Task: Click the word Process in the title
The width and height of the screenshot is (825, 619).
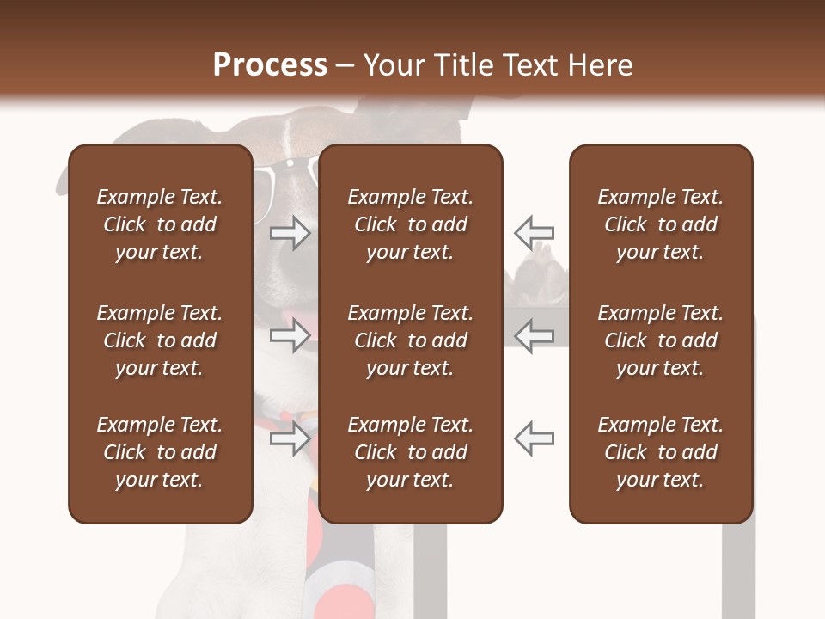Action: coord(270,65)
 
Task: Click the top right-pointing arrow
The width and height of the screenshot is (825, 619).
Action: coord(290,232)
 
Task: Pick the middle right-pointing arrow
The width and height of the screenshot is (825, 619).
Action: coord(290,335)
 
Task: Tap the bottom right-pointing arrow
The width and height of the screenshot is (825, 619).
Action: coord(290,438)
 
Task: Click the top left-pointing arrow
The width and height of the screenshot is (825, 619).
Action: coord(535,232)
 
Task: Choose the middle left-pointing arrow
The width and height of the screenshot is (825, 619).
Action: coord(535,335)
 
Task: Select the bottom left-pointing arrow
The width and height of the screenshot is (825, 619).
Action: coord(535,438)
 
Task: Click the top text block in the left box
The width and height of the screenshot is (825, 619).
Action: coord(160,224)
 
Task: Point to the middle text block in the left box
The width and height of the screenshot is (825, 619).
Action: coord(160,340)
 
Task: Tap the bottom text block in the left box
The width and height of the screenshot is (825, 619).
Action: coord(160,452)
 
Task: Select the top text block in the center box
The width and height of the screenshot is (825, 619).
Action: coord(411,224)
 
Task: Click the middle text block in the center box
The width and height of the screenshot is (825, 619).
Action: coord(411,340)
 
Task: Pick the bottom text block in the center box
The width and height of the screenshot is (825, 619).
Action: coord(411,452)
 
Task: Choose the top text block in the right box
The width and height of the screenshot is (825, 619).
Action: coord(661,224)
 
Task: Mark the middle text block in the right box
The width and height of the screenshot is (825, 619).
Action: coord(661,340)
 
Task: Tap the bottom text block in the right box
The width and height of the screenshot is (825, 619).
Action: coord(661,452)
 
